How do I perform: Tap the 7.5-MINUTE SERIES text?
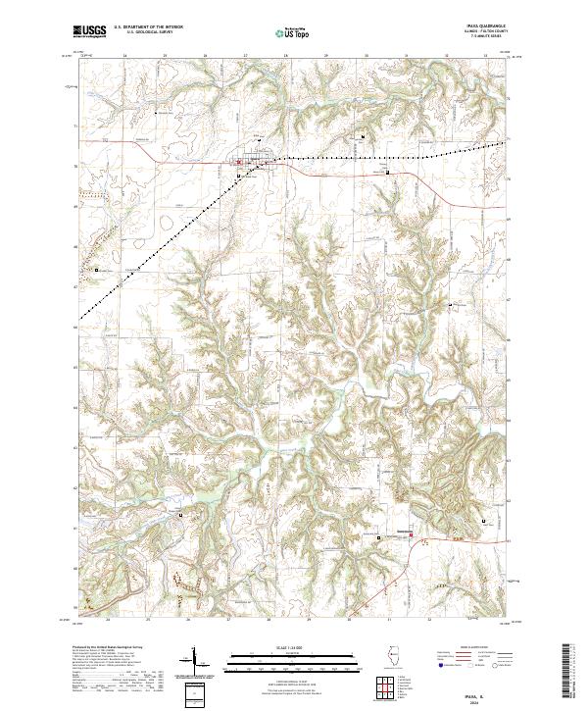[486, 37]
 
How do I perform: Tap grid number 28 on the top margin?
[284, 56]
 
